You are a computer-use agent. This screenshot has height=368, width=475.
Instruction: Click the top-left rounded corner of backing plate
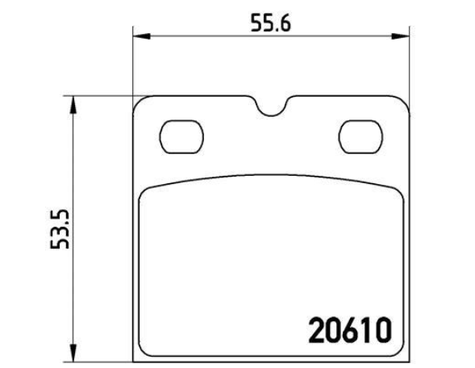pos(138,102)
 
